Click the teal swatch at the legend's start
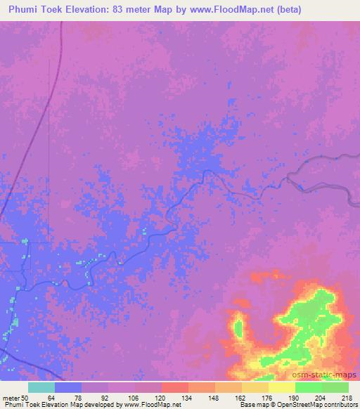pos(41,387)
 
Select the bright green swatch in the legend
pos(308,387)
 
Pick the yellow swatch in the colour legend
pos(281,387)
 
